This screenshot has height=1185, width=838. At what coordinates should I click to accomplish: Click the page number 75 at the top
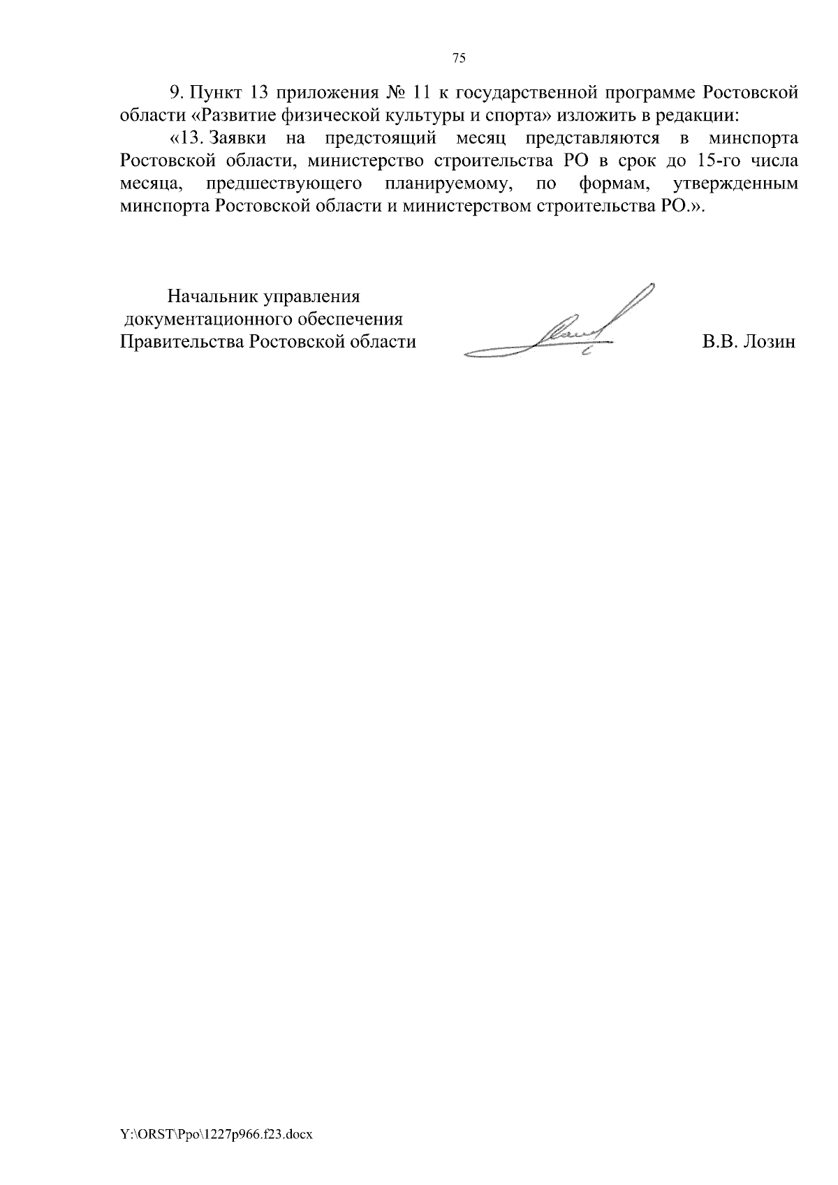coord(459,59)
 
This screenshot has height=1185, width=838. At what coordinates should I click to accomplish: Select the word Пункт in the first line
coord(216,92)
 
